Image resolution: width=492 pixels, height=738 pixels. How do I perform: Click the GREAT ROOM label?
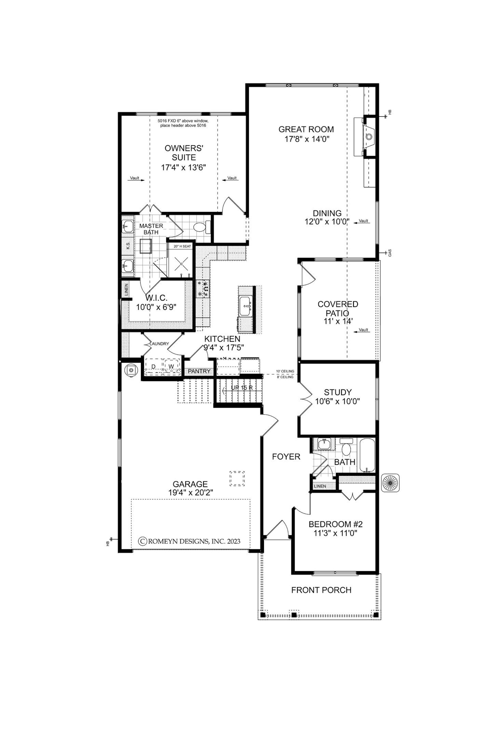click(x=306, y=129)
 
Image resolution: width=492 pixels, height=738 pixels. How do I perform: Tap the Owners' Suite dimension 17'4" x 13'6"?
click(x=183, y=168)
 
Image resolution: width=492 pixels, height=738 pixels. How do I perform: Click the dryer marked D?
click(x=154, y=367)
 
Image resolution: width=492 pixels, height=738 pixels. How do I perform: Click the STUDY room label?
click(x=338, y=392)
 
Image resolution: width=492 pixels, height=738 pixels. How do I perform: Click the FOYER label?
click(x=286, y=457)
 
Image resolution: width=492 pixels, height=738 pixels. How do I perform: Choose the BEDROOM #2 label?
click(x=336, y=524)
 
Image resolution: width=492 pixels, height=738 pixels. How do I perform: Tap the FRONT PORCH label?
click(x=321, y=590)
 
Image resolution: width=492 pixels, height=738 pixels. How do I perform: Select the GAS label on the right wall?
click(x=390, y=253)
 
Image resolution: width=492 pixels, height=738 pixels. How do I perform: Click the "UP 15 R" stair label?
click(x=242, y=388)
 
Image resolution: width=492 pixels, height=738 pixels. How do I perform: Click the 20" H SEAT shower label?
click(x=182, y=246)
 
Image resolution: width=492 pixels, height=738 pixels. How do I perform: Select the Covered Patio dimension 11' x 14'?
click(x=338, y=321)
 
